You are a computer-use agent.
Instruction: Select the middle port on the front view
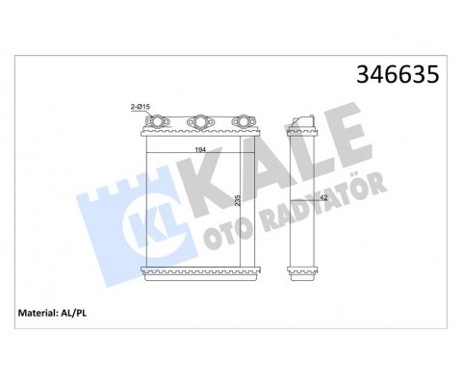point(198,123)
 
